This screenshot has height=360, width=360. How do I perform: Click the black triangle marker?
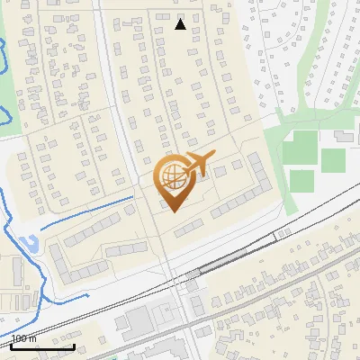[x=181, y=24]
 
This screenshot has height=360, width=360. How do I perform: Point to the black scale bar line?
[x=42, y=346]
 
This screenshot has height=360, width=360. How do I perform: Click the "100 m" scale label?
[x=24, y=338]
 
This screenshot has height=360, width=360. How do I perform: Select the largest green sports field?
[x=305, y=147]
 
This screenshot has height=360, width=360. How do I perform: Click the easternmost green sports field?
[x=333, y=160]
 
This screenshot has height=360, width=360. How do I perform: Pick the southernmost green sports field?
[x=301, y=180]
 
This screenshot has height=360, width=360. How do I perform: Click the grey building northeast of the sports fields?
[x=343, y=136]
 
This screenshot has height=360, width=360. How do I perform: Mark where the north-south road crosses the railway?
[x=176, y=282]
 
